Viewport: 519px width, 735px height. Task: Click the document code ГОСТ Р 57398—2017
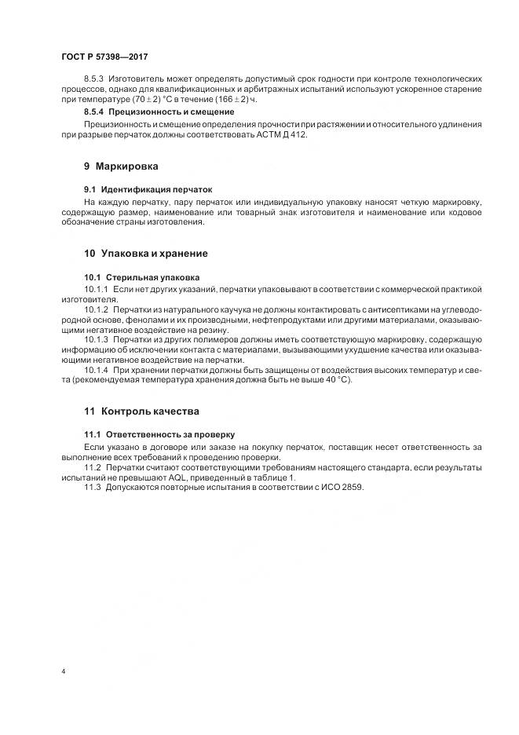[x=104, y=57]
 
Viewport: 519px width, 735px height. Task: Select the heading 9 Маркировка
[x=121, y=166]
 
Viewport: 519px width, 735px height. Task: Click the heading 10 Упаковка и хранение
[x=145, y=253]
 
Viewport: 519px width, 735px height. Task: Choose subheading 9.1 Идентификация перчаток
[x=148, y=190]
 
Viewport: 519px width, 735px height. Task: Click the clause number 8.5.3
[x=94, y=81]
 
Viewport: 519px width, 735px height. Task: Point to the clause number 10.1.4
[x=97, y=369]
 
